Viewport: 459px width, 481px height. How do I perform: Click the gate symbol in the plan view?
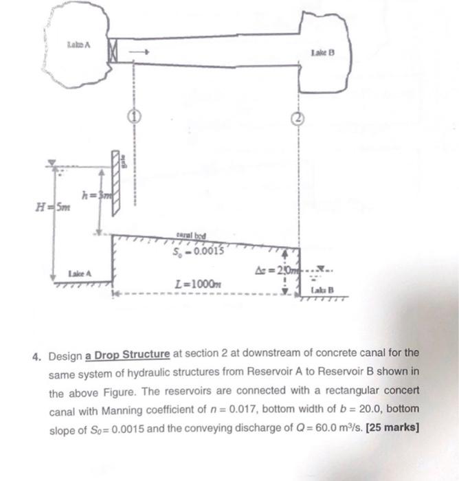coord(112,52)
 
